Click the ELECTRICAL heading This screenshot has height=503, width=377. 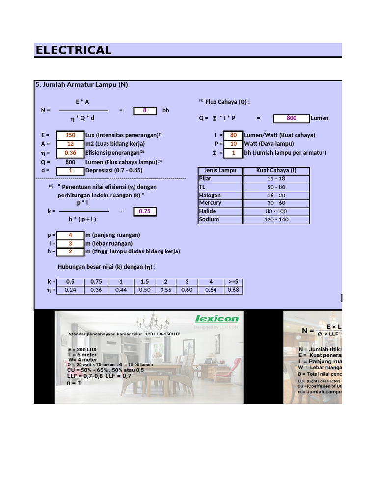tap(74, 50)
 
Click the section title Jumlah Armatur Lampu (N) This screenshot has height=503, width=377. tap(81, 84)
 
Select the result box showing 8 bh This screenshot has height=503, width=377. tap(145, 111)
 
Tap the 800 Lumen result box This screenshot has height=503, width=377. tap(291, 118)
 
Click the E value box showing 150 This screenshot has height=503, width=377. tap(70, 135)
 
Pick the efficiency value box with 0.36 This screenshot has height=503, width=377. tap(70, 153)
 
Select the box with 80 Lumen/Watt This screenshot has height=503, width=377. tap(233, 135)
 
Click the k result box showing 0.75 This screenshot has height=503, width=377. tap(145, 211)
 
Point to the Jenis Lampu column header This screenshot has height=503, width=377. tap(220, 171)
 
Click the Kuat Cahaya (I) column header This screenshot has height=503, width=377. tap(276, 171)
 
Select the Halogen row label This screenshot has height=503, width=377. tap(210, 195)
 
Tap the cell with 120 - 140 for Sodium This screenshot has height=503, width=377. tap(276, 220)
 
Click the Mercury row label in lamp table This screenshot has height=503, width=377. tap(210, 203)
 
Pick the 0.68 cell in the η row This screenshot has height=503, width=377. tap(233, 290)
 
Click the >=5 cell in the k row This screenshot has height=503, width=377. tap(233, 282)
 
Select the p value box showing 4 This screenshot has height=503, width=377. tap(70, 235)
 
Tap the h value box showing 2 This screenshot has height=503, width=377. tap(70, 251)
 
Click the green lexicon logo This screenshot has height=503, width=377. tap(217, 319)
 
